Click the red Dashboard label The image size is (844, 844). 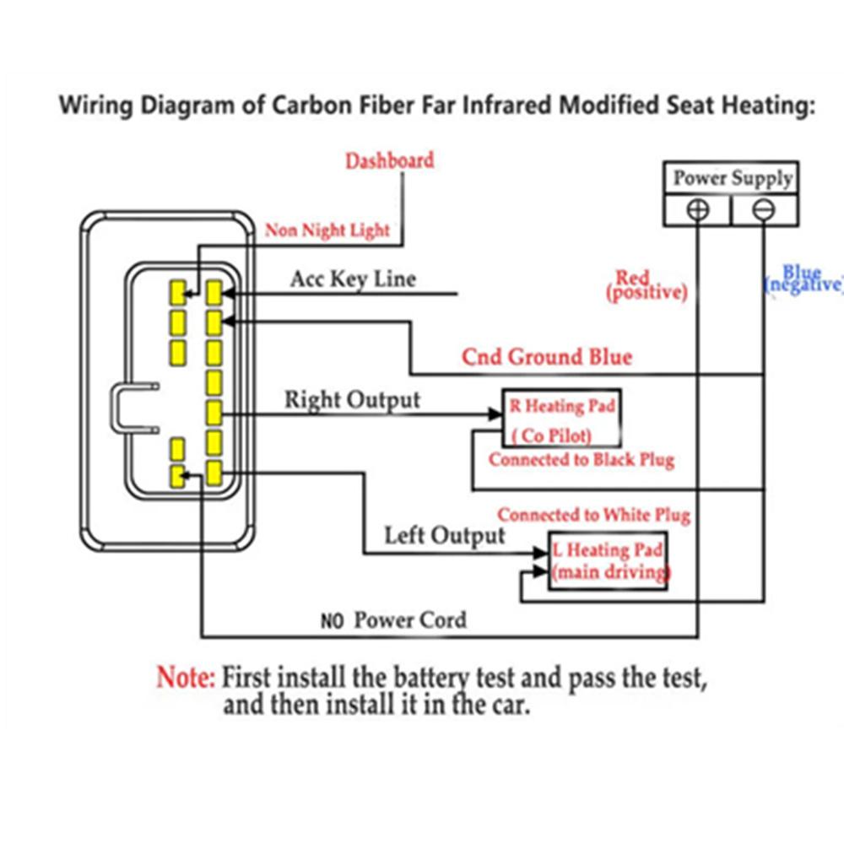(390, 160)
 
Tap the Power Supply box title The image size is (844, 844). (733, 178)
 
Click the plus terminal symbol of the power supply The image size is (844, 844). (698, 209)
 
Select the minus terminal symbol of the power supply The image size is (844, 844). (763, 209)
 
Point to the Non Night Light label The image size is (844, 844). (327, 230)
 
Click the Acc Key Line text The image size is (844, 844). (353, 279)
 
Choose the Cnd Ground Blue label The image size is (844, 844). (547, 357)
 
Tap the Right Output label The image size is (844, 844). (353, 400)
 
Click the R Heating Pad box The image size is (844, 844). (562, 419)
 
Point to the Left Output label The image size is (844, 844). (445, 536)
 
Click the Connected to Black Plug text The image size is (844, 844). (582, 460)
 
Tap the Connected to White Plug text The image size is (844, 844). (593, 515)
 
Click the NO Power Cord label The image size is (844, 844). (393, 620)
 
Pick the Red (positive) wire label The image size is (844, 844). (647, 285)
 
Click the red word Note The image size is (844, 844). (185, 677)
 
